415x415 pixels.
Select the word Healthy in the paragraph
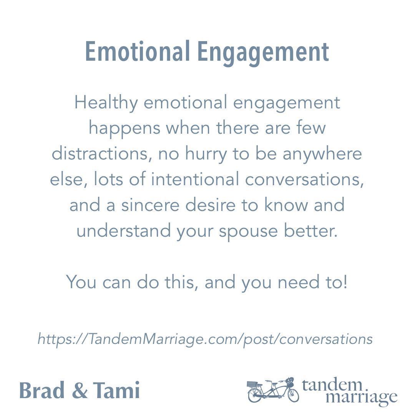click(x=106, y=103)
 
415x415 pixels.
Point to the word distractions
click(x=101, y=154)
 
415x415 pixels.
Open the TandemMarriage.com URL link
click(x=205, y=339)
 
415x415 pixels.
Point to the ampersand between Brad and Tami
click(x=80, y=390)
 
